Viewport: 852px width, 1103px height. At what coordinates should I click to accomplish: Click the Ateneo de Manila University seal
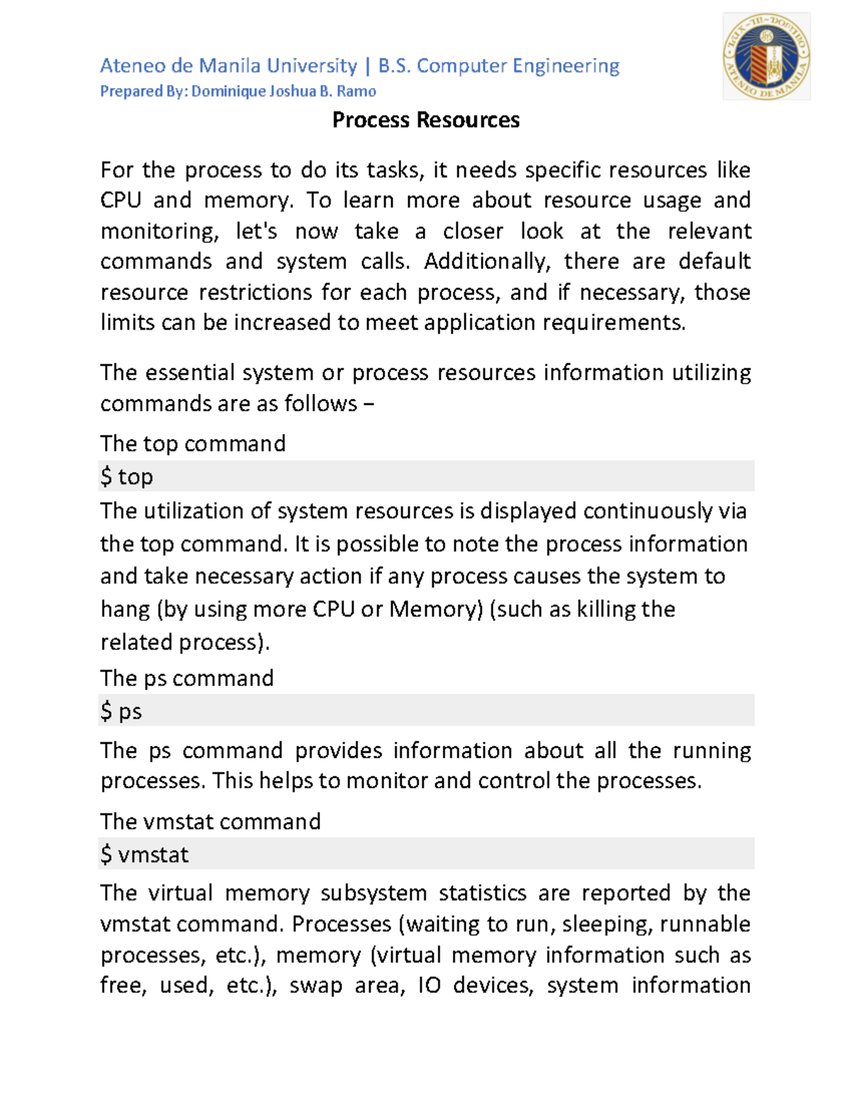point(766,57)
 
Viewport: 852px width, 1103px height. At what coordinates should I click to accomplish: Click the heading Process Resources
point(426,120)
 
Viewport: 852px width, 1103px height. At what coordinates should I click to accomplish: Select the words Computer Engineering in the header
point(518,66)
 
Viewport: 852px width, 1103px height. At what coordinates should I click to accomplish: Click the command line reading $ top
point(127,477)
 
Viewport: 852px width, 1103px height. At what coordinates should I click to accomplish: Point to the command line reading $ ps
point(121,711)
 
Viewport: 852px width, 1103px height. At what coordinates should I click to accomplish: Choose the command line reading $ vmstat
point(145,854)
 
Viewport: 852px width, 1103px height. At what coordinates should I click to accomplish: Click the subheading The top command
point(192,444)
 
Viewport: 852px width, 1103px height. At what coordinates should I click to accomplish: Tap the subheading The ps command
point(187,678)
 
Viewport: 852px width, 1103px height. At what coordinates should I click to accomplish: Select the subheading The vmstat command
point(210,822)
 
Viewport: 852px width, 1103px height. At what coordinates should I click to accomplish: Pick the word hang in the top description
point(125,609)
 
